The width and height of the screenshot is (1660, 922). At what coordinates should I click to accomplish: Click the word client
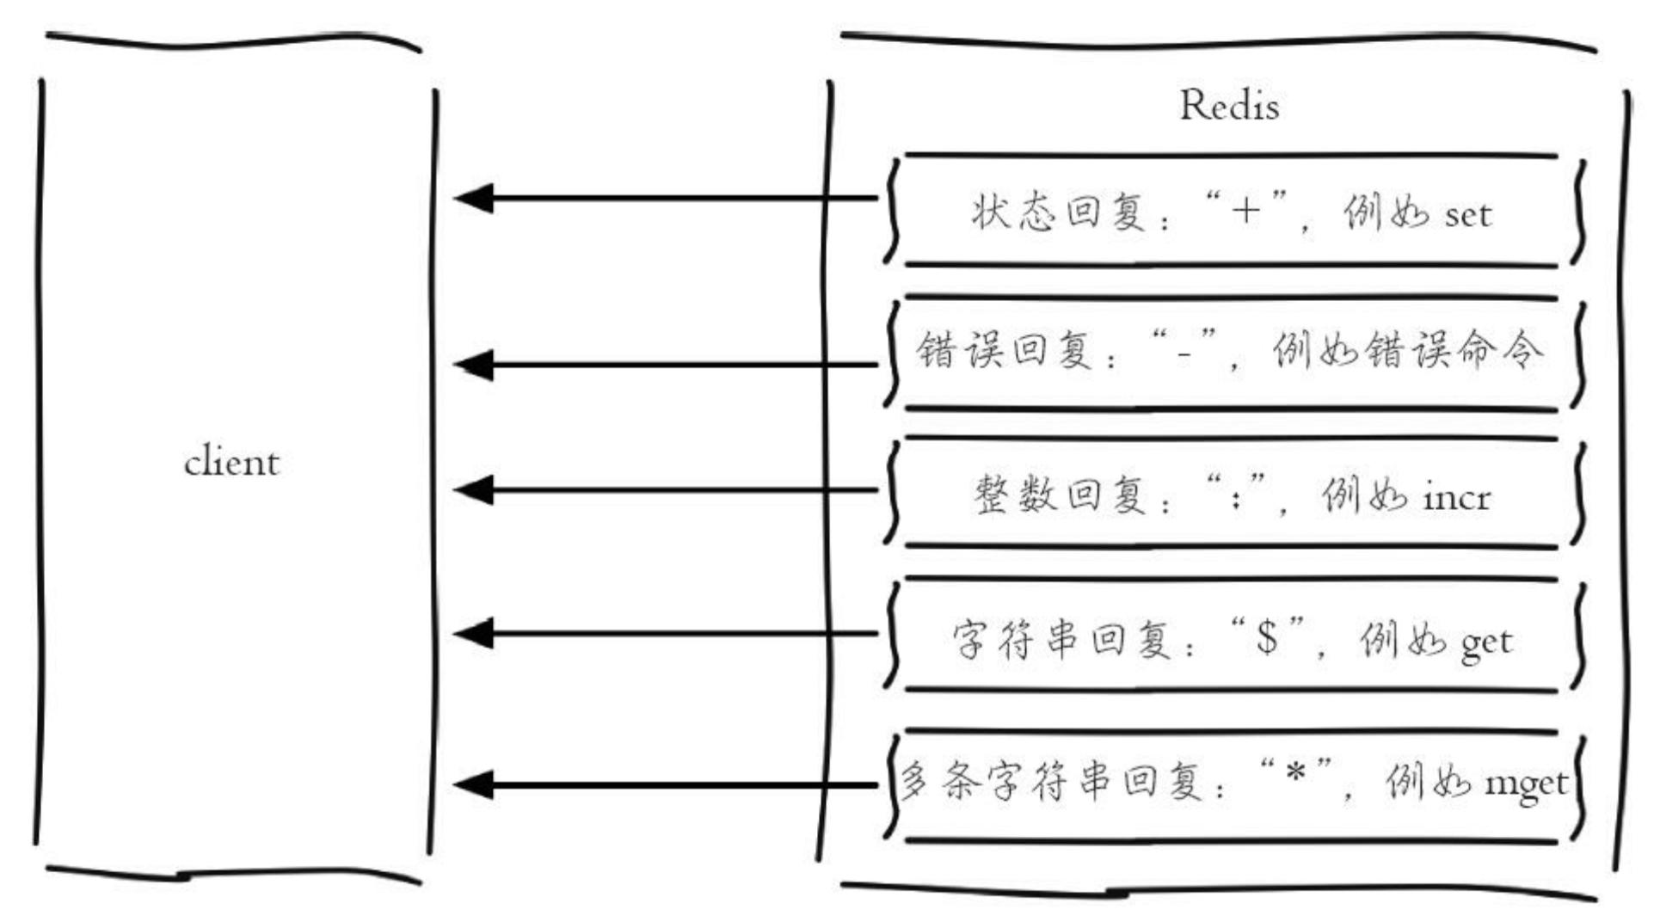[x=231, y=463]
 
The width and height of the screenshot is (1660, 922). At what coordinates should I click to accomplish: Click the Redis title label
[x=1229, y=106]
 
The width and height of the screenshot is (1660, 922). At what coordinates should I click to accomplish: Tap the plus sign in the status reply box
[x=1245, y=210]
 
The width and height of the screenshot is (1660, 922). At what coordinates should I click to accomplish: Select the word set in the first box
[x=1467, y=215]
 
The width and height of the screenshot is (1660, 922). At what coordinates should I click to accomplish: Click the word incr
[x=1456, y=498]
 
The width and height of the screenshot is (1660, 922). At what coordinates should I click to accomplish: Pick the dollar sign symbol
[x=1267, y=637]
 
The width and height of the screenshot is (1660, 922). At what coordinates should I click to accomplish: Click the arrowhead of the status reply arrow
[x=474, y=199]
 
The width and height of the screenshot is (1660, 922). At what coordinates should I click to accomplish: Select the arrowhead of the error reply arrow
[x=474, y=365]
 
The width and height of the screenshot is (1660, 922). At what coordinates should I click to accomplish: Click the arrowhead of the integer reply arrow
[x=474, y=490]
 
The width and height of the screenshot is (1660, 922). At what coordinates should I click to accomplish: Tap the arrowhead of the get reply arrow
[x=474, y=634]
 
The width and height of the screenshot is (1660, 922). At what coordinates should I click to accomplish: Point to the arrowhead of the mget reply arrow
[x=474, y=784]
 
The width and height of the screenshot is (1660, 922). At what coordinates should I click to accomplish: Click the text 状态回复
[x=1058, y=212]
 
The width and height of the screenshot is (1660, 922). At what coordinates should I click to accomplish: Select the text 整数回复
[x=1060, y=495]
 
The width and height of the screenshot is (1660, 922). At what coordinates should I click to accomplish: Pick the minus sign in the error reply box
[x=1184, y=352]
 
